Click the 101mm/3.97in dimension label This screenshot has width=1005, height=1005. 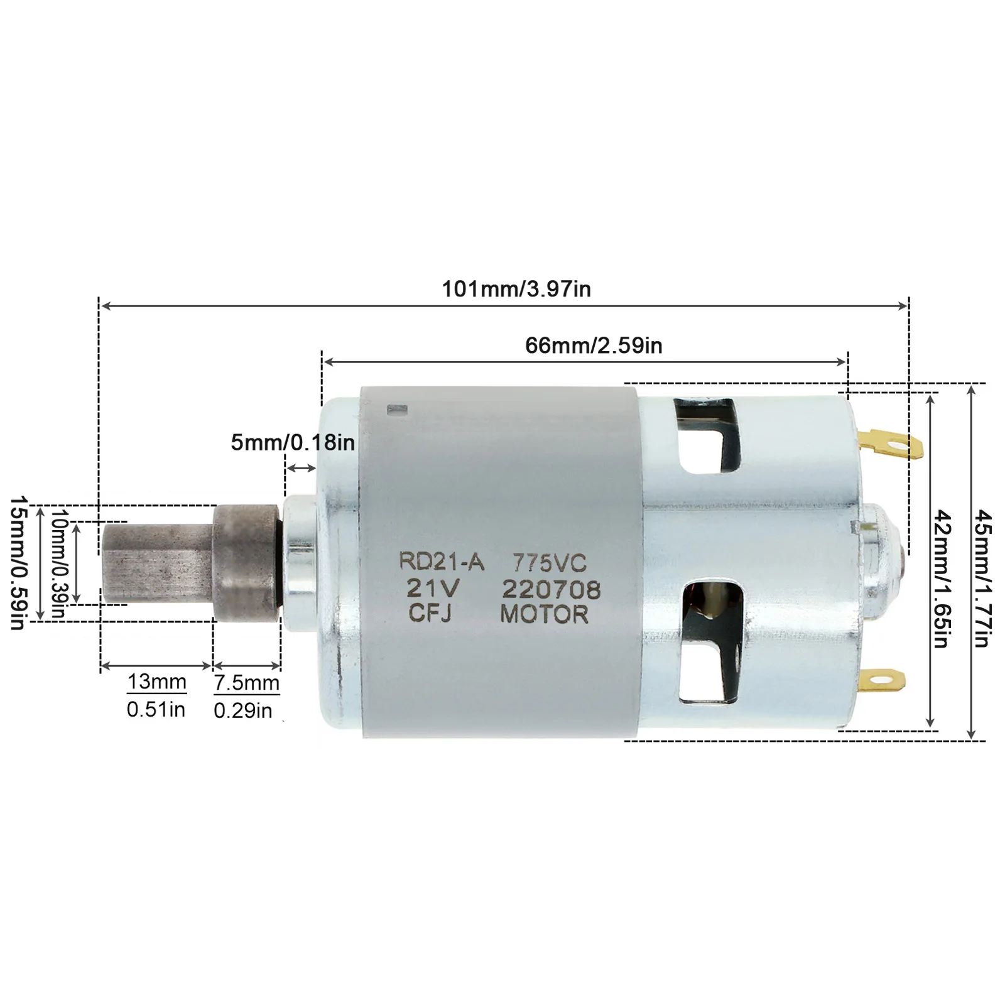516,290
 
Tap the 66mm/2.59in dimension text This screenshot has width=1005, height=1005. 594,345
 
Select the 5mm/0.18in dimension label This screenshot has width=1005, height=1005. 293,443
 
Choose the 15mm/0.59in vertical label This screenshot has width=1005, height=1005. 18,563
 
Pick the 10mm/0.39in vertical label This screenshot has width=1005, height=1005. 58,563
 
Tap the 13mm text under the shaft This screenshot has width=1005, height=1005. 157,682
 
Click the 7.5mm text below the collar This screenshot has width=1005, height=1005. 246,683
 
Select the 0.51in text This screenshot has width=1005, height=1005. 156,710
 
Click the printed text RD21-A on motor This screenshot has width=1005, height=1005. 442,561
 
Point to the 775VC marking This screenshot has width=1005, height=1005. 550,562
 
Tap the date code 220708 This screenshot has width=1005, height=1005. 551,589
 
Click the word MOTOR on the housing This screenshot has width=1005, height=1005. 544,614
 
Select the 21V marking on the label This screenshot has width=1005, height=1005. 433,589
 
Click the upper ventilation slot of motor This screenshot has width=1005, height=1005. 711,435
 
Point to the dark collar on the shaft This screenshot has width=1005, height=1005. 246,563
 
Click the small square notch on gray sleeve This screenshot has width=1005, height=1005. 397,410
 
